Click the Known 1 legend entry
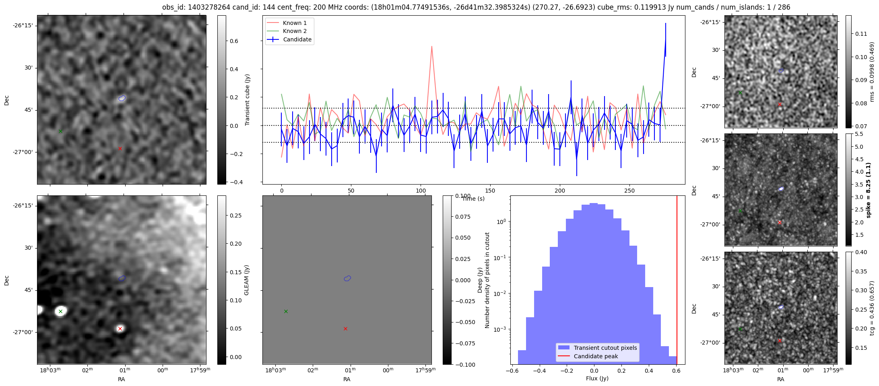pyautogui.click(x=289, y=23)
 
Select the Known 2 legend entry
pyautogui.click(x=289, y=31)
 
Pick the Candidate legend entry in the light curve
pyautogui.click(x=289, y=39)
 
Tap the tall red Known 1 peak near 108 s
pyautogui.click(x=431, y=46)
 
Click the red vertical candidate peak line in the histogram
pyautogui.click(x=677, y=280)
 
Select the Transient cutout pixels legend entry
pyautogui.click(x=598, y=348)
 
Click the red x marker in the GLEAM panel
pyautogui.click(x=120, y=329)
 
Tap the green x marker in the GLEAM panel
pyautogui.click(x=61, y=311)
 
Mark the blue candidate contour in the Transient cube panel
pyautogui.click(x=122, y=98)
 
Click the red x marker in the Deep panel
pyautogui.click(x=345, y=329)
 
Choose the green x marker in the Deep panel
pyautogui.click(x=286, y=311)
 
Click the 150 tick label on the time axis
pyautogui.click(x=490, y=191)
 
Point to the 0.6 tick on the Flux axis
pyautogui.click(x=677, y=371)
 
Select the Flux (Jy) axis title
pyautogui.click(x=597, y=378)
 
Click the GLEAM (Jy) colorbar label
pyautogui.click(x=247, y=280)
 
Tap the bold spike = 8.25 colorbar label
pyautogui.click(x=868, y=190)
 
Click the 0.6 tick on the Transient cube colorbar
pyautogui.click(x=233, y=41)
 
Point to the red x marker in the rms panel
pyautogui.click(x=780, y=105)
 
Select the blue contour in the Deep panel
pyautogui.click(x=348, y=278)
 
